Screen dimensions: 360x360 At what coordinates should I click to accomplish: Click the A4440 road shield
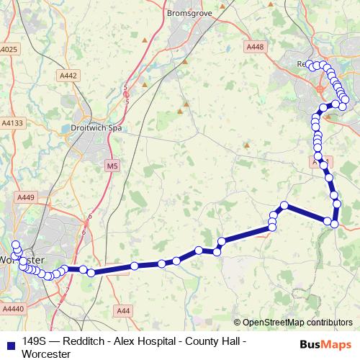pos(12,308)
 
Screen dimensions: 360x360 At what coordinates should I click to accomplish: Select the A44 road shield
pos(125,310)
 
